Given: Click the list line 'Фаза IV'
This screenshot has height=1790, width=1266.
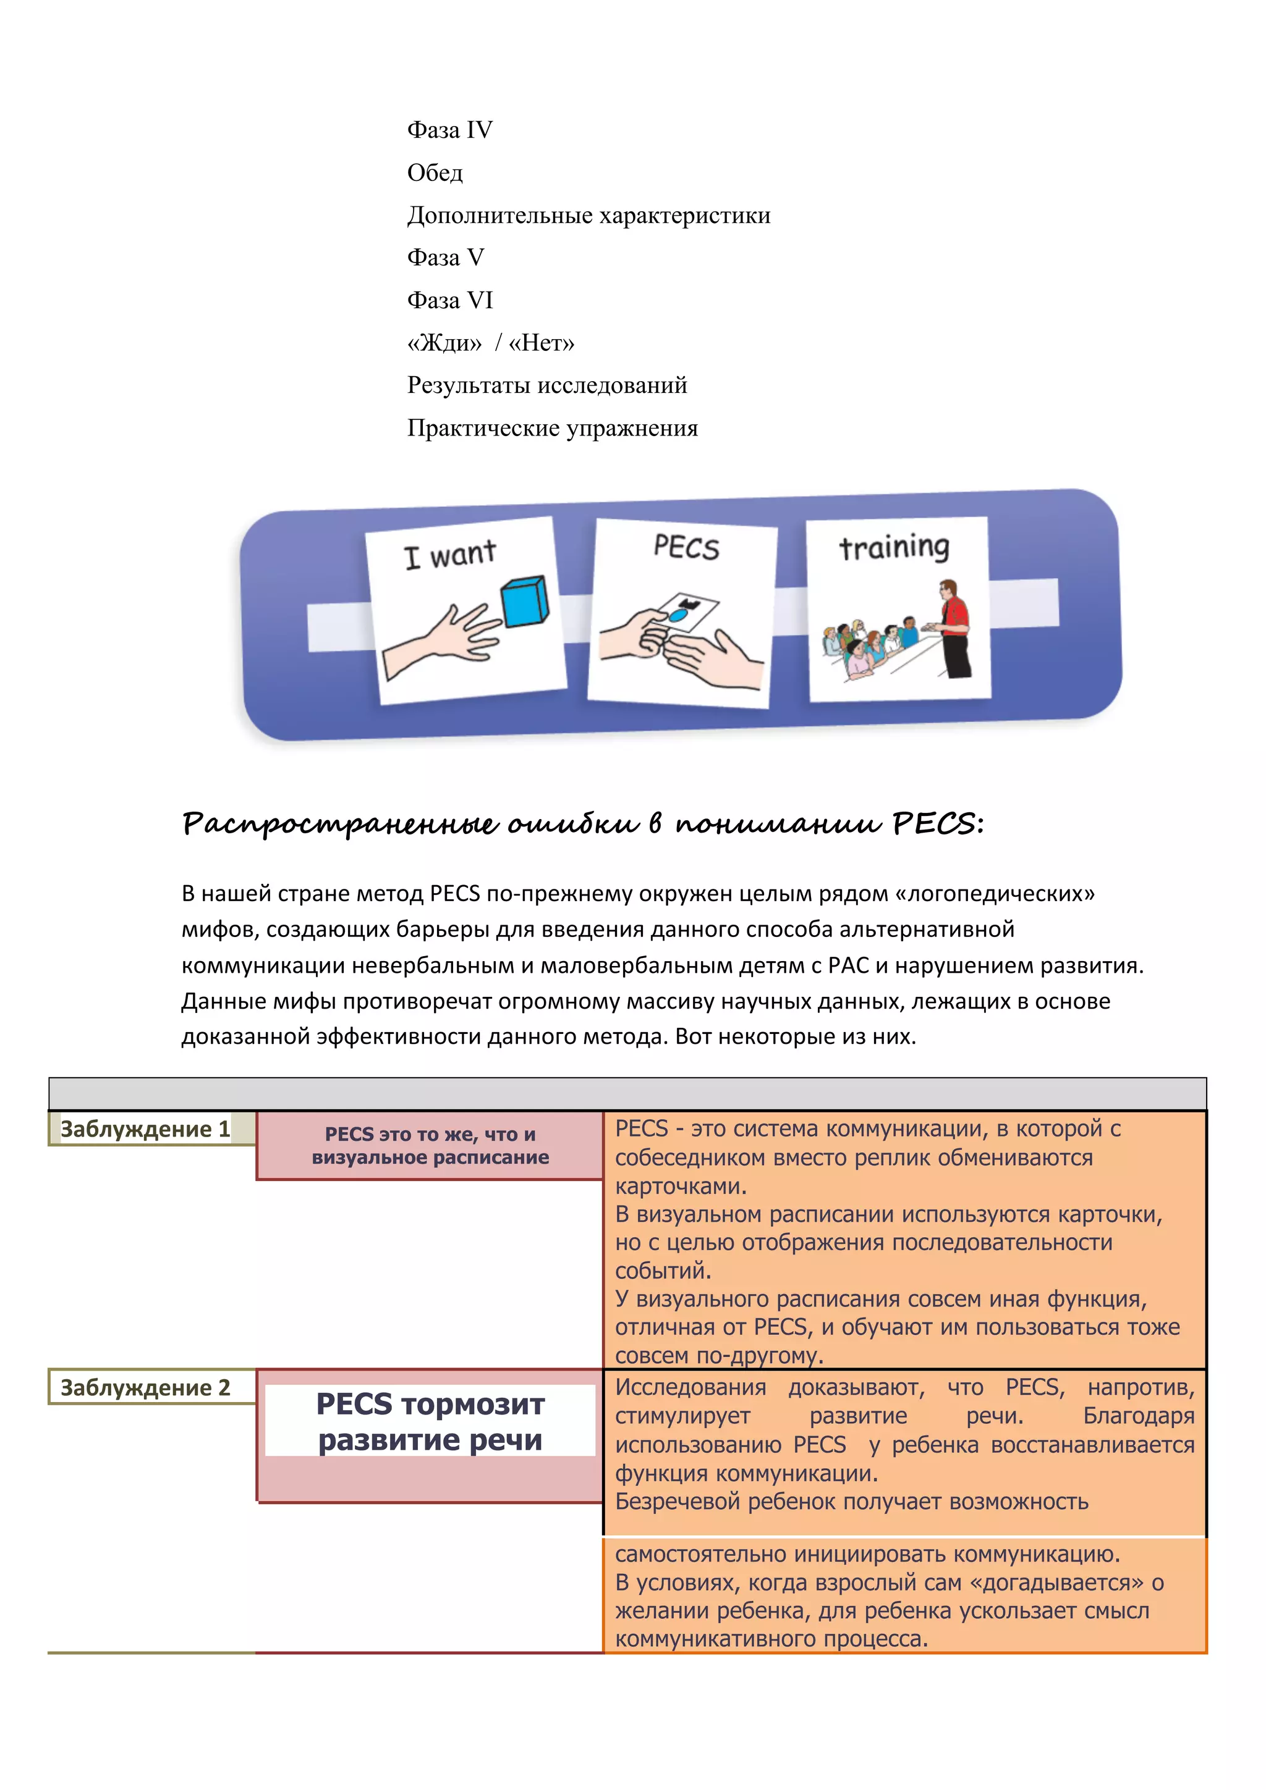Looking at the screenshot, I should point(449,130).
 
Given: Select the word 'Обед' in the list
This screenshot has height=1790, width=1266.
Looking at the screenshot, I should point(435,172).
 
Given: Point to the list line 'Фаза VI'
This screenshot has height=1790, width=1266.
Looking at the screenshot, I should point(449,300).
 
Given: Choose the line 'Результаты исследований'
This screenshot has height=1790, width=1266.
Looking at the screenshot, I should point(547,385).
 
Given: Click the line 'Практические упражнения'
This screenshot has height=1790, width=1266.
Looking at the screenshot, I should point(552,428).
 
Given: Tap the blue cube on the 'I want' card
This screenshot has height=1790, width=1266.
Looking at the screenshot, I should point(524,602).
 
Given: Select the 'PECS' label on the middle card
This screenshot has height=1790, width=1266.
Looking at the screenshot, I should point(686,547).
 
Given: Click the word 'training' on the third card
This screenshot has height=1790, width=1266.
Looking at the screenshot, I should point(894,547).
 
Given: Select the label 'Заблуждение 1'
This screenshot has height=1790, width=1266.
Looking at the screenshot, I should point(146,1129).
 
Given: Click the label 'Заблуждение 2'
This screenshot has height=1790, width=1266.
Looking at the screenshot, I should point(146,1388).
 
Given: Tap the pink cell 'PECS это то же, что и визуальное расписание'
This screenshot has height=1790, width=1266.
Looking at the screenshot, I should point(430,1145).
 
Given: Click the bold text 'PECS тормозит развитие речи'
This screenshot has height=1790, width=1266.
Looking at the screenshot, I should point(430,1421).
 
